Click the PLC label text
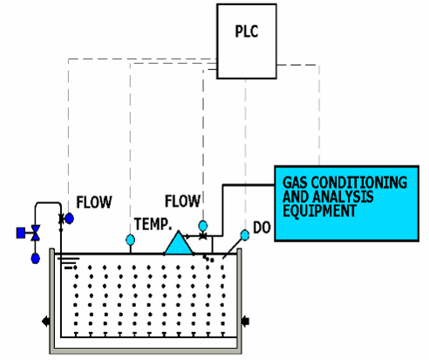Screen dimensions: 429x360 247,31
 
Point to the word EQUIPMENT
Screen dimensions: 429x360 319,211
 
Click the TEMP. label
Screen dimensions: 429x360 153,224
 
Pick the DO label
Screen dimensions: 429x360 262,228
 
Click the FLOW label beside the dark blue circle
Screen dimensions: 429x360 94,202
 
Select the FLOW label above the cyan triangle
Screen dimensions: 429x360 182,201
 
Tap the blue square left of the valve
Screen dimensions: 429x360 21,233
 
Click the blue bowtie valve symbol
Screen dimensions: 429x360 36,233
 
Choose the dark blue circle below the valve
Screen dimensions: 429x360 36,258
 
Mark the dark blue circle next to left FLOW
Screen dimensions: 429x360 70,219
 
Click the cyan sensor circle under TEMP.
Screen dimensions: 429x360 131,240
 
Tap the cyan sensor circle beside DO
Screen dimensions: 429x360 245,235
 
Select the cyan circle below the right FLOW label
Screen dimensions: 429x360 203,226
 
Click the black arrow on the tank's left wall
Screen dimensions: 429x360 45,322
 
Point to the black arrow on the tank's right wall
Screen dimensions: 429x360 246,322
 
